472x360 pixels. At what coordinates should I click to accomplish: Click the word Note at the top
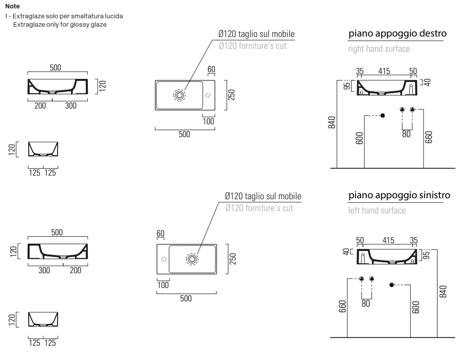[12, 6]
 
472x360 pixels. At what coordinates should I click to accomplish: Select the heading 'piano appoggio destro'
[397, 34]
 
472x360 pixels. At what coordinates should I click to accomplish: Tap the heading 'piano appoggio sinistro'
[399, 195]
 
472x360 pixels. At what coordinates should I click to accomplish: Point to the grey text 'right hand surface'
[379, 49]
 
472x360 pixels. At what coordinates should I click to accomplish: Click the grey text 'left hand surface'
[377, 211]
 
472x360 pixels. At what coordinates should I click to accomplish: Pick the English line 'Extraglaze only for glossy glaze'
[60, 24]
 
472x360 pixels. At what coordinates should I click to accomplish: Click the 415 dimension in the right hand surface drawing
[384, 71]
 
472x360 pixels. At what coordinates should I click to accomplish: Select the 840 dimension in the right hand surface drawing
[332, 123]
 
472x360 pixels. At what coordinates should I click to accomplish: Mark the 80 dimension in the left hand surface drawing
[365, 304]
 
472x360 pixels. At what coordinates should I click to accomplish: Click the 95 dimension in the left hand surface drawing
[427, 254]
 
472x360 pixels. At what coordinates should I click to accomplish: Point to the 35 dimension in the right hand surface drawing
[360, 71]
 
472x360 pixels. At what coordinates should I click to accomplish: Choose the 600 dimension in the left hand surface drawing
[415, 307]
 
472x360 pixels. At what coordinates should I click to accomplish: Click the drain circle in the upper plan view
[179, 95]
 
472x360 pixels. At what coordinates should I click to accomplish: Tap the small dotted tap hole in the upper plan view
[208, 95]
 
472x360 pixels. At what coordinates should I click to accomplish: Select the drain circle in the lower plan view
[192, 259]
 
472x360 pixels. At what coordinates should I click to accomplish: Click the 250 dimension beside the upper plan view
[231, 94]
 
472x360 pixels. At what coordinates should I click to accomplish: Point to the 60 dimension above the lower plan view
[160, 233]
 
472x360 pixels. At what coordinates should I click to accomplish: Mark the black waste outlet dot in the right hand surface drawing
[383, 115]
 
